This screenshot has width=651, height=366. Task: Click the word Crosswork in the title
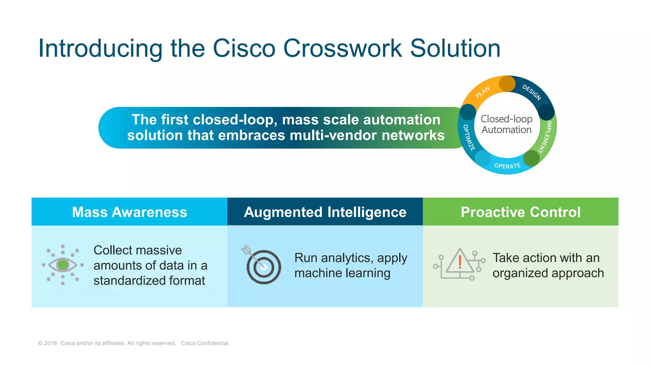(342, 49)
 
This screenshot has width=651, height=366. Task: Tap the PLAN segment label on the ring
(483, 92)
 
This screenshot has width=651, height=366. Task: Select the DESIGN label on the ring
(531, 92)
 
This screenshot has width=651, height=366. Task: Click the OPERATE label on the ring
(507, 166)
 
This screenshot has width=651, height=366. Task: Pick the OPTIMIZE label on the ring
(469, 138)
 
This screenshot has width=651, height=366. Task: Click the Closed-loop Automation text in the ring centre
(507, 124)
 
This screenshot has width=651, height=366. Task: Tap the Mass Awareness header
(129, 212)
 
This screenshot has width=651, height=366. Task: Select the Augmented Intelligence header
(325, 212)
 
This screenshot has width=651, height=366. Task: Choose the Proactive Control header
(520, 212)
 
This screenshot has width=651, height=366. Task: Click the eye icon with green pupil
(63, 265)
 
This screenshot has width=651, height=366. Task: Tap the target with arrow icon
(263, 266)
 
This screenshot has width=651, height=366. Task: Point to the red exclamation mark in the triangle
(460, 262)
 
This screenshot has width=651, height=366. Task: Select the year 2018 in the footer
(51, 343)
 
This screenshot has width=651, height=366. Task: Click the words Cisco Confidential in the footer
(204, 343)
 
